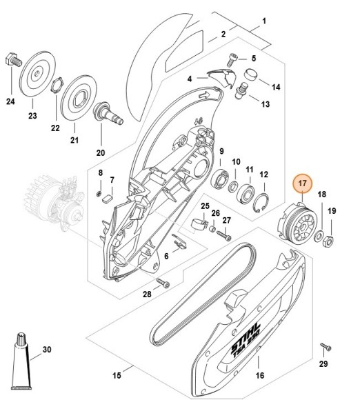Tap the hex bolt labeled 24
point(11,59)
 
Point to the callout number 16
point(259,376)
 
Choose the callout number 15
point(117,375)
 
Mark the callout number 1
point(263,21)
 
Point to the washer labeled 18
point(319,239)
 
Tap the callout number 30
point(47,350)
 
